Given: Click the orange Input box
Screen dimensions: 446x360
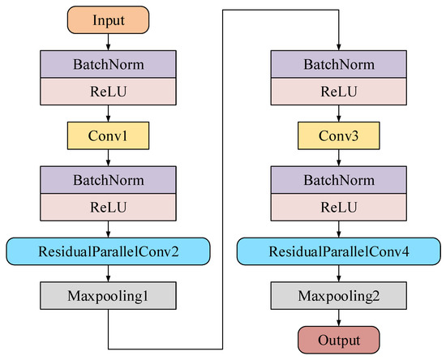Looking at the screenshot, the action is [108, 20].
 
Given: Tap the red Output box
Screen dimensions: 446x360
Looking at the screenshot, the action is [338, 340].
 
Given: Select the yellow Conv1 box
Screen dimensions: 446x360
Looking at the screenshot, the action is [108, 135].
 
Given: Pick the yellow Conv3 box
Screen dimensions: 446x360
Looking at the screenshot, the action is [338, 135].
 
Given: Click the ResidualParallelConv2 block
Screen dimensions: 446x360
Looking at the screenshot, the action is [108, 251].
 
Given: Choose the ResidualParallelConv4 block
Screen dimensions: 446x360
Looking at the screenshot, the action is [338, 251].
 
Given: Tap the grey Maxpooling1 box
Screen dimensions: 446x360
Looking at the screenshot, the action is [108, 296].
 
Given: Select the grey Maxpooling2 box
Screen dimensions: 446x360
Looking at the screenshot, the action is [338, 296].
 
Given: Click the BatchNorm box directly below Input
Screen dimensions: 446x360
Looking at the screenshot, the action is [108, 64].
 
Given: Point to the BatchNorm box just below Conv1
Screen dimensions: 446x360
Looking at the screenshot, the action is [108, 180].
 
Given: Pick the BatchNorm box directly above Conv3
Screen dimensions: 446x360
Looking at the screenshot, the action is [338, 64].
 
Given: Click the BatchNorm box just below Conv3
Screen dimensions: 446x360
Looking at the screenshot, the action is [338, 180].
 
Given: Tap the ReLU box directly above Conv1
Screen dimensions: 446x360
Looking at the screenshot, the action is [108, 92].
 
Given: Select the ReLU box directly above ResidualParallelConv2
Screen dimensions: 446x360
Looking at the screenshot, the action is [108, 207].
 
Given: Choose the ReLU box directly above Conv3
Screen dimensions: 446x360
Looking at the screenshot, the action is [338, 92].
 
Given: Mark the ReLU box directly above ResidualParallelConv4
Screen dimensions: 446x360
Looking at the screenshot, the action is [338, 207].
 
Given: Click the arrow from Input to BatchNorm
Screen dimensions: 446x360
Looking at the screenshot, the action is [108, 42].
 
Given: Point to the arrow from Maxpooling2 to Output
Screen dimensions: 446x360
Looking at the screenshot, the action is [338, 318].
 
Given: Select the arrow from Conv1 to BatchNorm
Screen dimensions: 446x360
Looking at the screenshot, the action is [108, 158].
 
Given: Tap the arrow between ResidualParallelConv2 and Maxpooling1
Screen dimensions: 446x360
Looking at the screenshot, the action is [108, 273].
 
